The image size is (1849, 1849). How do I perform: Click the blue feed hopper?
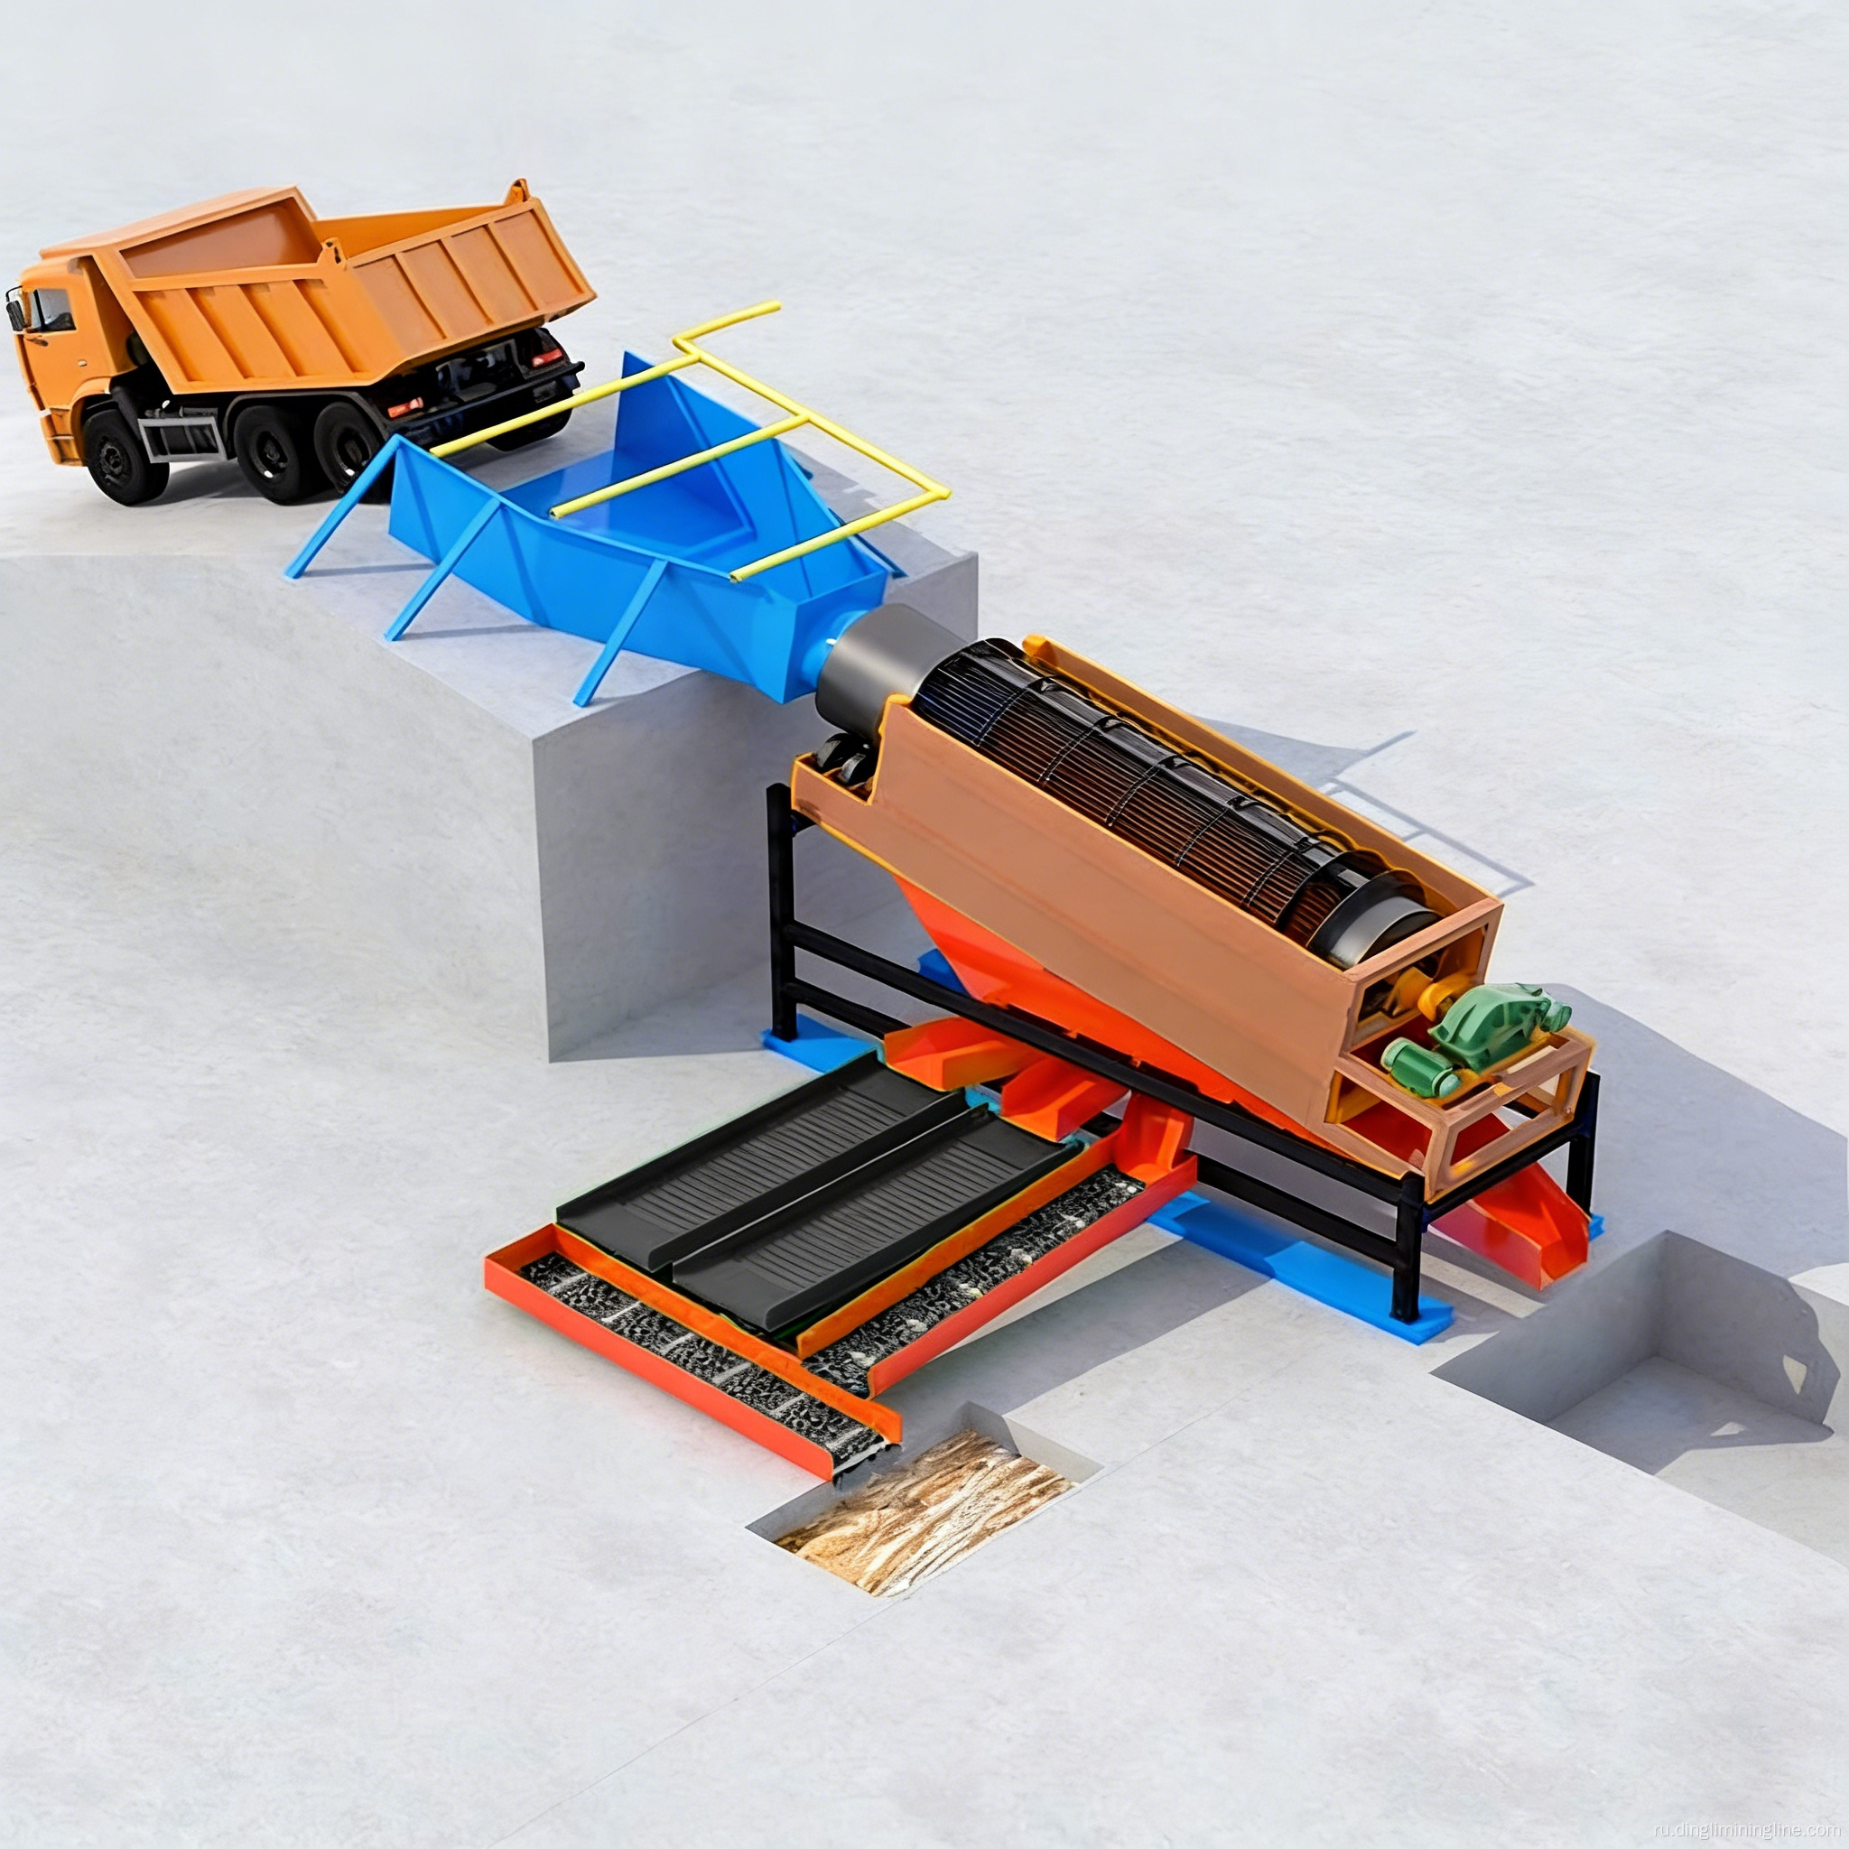[612, 536]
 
